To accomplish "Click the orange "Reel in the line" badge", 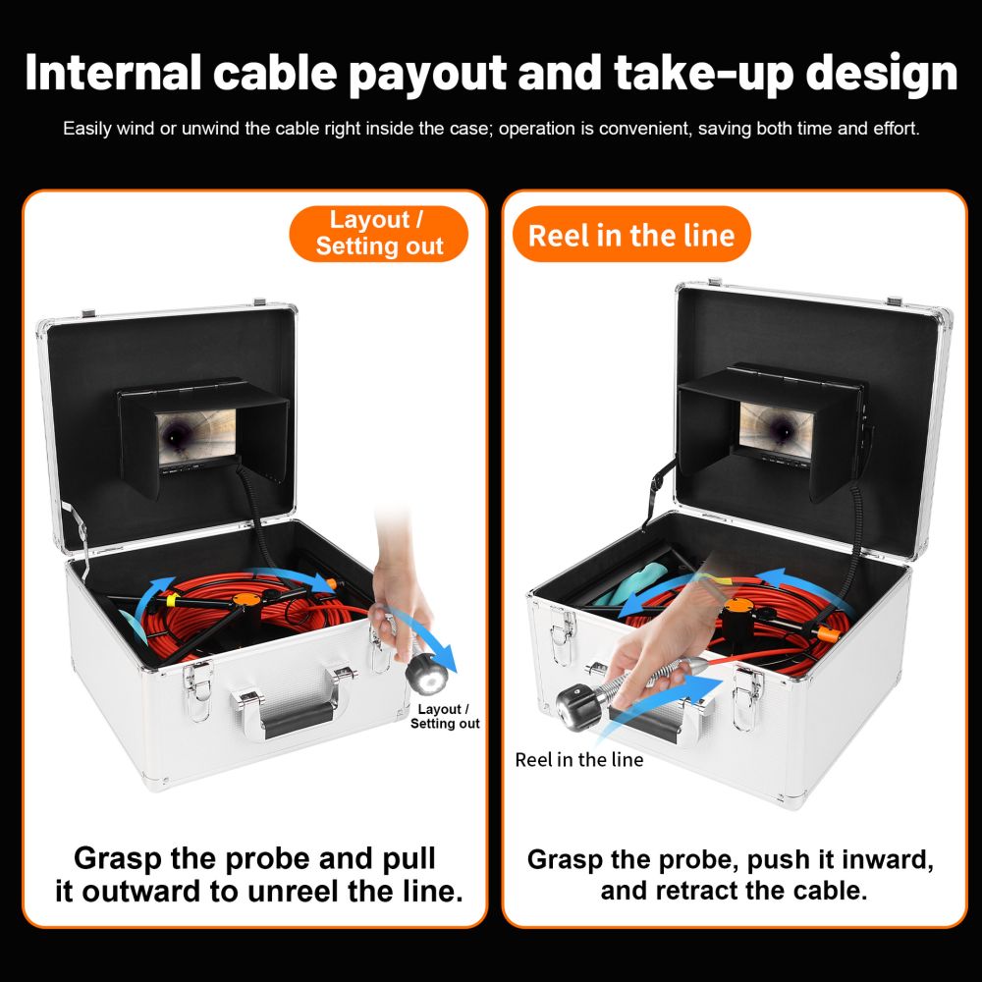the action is (x=631, y=235).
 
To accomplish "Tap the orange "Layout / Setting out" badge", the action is (x=378, y=233).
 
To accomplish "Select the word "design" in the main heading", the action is (x=881, y=74).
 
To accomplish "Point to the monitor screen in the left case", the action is (x=196, y=437).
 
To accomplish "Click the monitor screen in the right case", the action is (x=776, y=431).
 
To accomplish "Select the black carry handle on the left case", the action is (x=299, y=719).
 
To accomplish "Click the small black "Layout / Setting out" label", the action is (x=445, y=717).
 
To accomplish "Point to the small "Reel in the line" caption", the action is (x=578, y=760).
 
